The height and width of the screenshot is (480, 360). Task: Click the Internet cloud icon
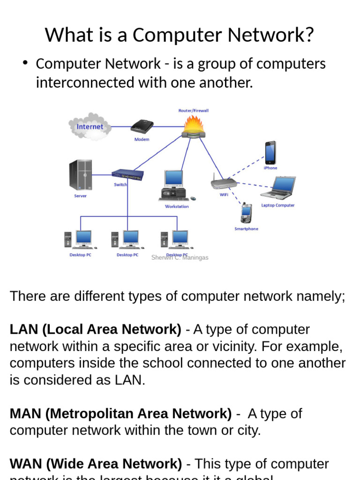(90, 126)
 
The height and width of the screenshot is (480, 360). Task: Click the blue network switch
(128, 175)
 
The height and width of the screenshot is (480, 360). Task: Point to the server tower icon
(81, 175)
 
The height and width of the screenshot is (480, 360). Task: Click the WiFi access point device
(224, 182)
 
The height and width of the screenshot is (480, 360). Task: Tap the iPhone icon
(270, 153)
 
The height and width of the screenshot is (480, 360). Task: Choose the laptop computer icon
(278, 188)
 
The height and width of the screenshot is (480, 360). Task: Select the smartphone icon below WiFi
(246, 213)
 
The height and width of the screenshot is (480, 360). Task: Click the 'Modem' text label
(142, 139)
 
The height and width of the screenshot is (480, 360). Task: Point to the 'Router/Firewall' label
(193, 111)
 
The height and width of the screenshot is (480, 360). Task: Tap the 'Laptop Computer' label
(278, 205)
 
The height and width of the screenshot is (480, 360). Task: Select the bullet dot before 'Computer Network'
(26, 63)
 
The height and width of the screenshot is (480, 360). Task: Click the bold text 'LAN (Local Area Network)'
(95, 330)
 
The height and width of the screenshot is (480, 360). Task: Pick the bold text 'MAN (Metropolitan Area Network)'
(120, 414)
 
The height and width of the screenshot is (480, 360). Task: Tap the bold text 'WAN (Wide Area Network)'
(96, 464)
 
